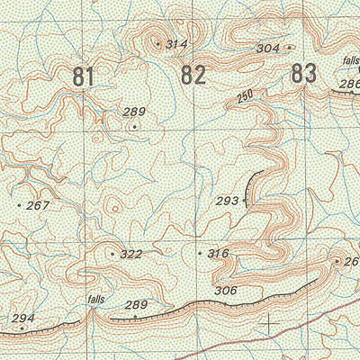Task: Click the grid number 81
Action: (x=83, y=77)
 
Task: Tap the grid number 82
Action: (x=193, y=76)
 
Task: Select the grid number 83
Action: (x=305, y=74)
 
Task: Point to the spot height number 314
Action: (x=177, y=44)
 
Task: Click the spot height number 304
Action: (x=267, y=49)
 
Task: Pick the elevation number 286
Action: (x=349, y=84)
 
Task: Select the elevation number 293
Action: (x=227, y=201)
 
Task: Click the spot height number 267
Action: (x=38, y=206)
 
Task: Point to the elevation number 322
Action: (x=131, y=255)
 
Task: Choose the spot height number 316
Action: (x=219, y=254)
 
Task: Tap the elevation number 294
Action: (x=22, y=319)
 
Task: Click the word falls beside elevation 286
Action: (x=351, y=61)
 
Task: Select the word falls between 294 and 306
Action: (x=96, y=299)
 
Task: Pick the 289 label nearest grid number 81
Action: (x=134, y=112)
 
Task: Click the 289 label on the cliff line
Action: (x=135, y=306)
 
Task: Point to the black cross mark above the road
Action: (x=270, y=321)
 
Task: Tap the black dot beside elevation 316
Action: (x=200, y=254)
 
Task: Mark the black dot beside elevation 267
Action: (x=19, y=206)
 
